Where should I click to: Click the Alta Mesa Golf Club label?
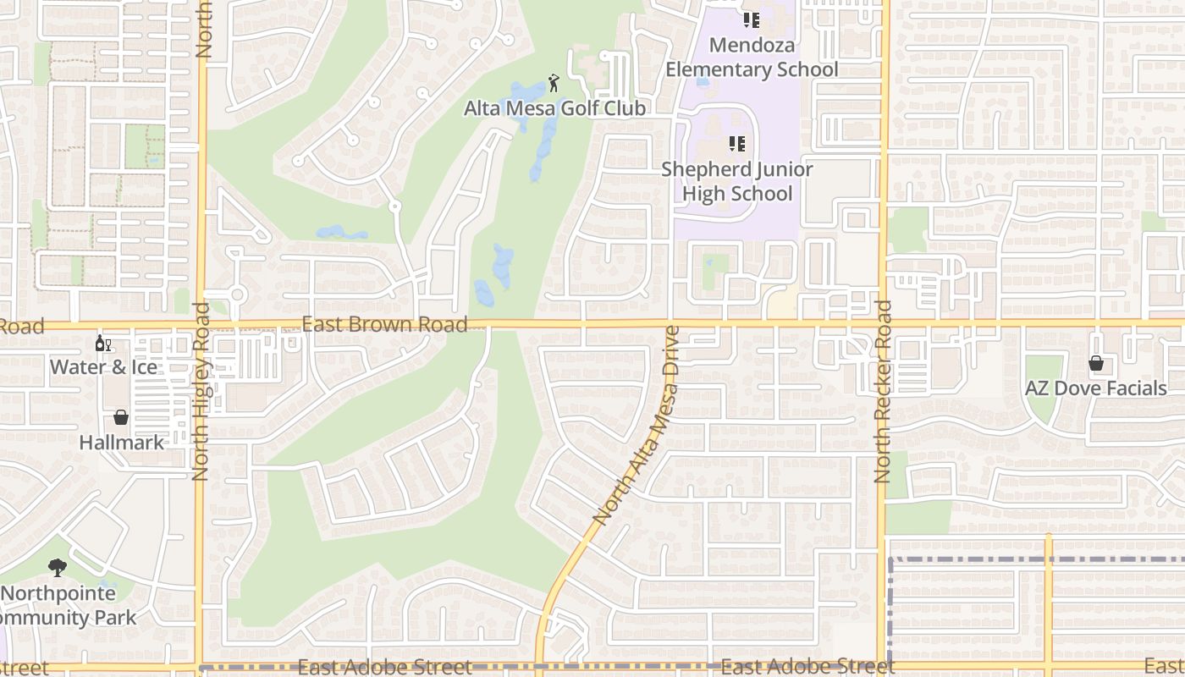click(554, 108)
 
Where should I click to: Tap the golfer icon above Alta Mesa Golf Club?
click(554, 83)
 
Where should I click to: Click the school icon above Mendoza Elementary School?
click(752, 19)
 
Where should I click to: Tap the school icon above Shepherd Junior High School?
click(736, 145)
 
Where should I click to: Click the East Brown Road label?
click(384, 324)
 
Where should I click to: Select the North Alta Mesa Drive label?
click(636, 425)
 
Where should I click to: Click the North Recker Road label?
click(883, 391)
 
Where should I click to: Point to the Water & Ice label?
click(103, 367)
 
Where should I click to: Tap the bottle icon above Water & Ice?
click(103, 344)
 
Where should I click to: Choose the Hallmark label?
click(122, 443)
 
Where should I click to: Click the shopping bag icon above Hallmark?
click(121, 417)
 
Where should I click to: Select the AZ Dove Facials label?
click(1096, 388)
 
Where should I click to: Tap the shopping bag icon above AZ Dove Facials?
click(1096, 363)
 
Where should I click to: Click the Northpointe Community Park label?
click(63, 605)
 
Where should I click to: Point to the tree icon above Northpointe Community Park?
click(58, 567)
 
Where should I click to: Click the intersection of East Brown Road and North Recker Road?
click(883, 323)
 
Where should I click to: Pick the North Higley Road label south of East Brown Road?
click(201, 391)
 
